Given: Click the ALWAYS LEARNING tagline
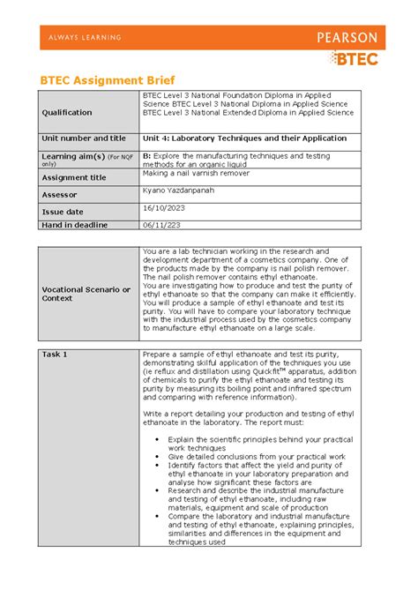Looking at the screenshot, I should click(80, 38).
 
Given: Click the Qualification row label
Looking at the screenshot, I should click(67, 113).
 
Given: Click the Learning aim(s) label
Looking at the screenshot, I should click(72, 155).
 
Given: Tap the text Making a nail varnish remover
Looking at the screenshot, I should click(196, 173).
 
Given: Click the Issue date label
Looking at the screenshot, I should click(63, 212).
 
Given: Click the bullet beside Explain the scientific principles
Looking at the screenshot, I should click(157, 438).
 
